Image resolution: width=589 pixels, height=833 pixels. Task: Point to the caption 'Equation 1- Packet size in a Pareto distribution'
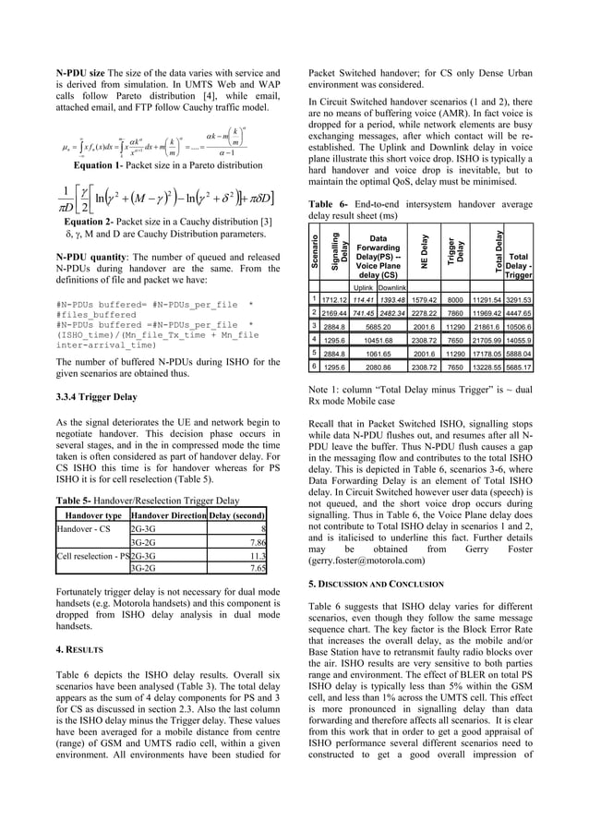pos(162,166)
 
